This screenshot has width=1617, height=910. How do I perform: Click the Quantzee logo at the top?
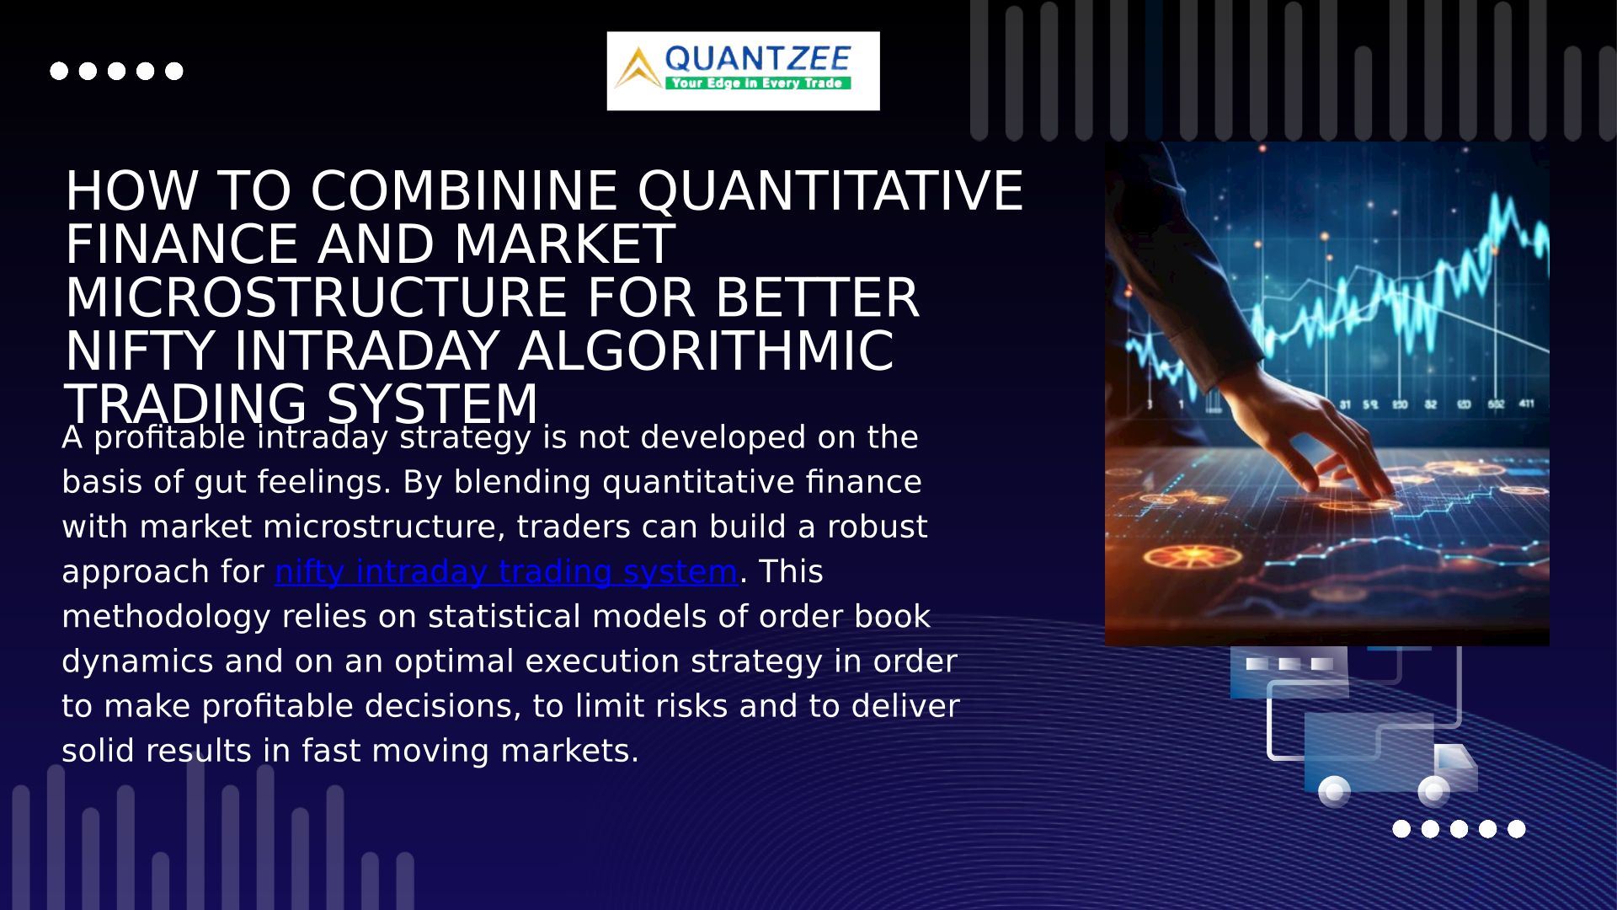coord(743,71)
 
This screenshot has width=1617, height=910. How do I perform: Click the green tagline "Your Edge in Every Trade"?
coord(757,83)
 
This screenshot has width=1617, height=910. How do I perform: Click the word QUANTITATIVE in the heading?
coord(830,191)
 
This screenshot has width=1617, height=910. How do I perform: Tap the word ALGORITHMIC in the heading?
coord(706,351)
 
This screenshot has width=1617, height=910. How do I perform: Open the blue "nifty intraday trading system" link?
coord(506,572)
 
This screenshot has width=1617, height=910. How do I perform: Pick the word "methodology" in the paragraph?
coord(166,617)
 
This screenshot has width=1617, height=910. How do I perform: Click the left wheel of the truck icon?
coord(1334,792)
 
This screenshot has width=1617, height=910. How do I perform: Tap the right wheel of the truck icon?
coord(1433,792)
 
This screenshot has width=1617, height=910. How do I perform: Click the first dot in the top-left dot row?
coord(59,71)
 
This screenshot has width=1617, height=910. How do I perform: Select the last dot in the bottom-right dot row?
coord(1517,829)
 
